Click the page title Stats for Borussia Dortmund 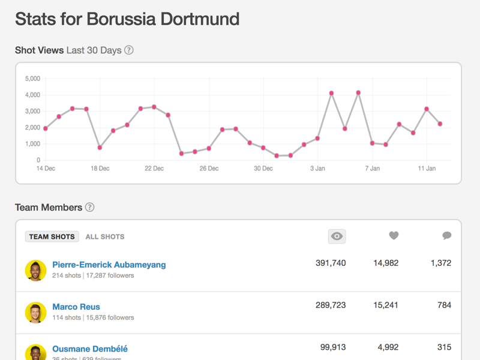point(127,19)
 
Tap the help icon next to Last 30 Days point(128,50)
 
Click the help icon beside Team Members point(89,208)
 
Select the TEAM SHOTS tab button point(52,236)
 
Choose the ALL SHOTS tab point(105,236)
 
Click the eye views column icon point(337,236)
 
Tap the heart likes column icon point(394,236)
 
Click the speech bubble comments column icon point(446,236)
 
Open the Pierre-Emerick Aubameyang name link point(109,265)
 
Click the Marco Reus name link point(76,307)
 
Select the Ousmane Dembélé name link point(90,349)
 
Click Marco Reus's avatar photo point(35,312)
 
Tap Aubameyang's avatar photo point(35,270)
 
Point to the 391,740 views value point(331,263)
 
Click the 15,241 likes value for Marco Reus point(385,305)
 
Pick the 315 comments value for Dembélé point(444,347)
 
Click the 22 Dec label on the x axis point(154,169)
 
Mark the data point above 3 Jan point(317,139)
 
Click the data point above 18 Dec point(100,148)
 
